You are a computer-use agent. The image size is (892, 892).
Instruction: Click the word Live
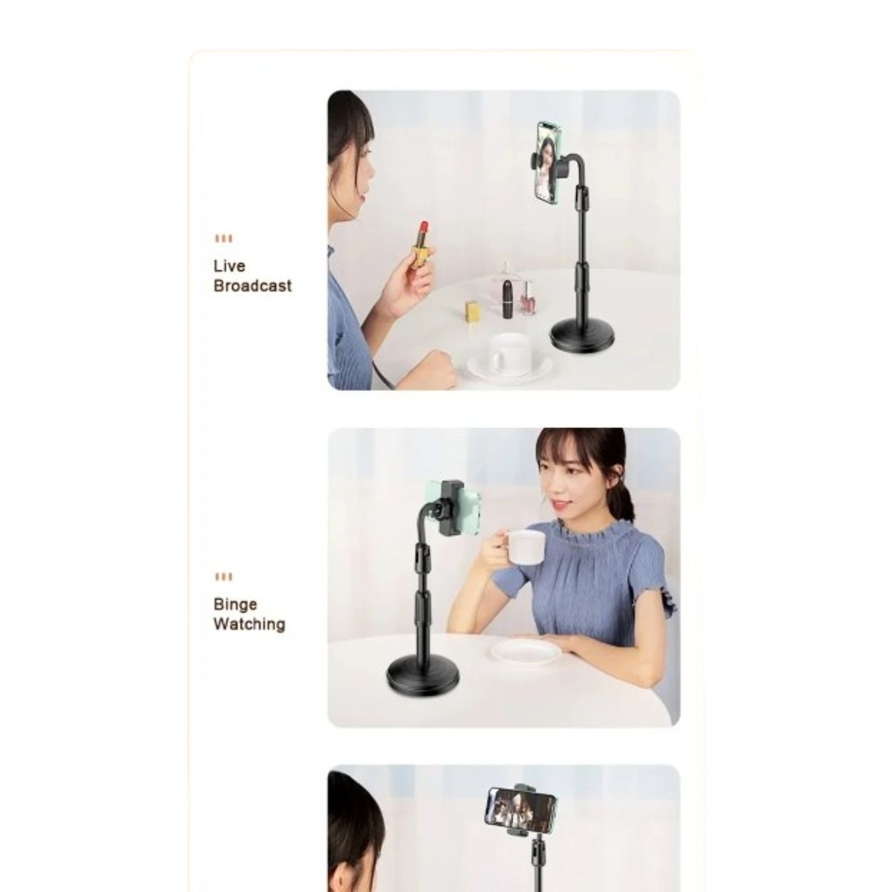point(229,265)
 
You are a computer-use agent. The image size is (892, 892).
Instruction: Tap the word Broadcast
point(252,285)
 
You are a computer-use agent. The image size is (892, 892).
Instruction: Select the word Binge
point(235,605)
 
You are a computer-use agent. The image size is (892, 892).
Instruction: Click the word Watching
point(249,624)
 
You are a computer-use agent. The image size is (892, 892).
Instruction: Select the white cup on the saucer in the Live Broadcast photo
point(509,353)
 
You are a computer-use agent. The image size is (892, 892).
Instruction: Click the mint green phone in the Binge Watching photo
point(453,508)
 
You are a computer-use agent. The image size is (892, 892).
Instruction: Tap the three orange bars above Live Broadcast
point(224,239)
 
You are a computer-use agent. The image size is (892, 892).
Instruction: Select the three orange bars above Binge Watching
point(224,577)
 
